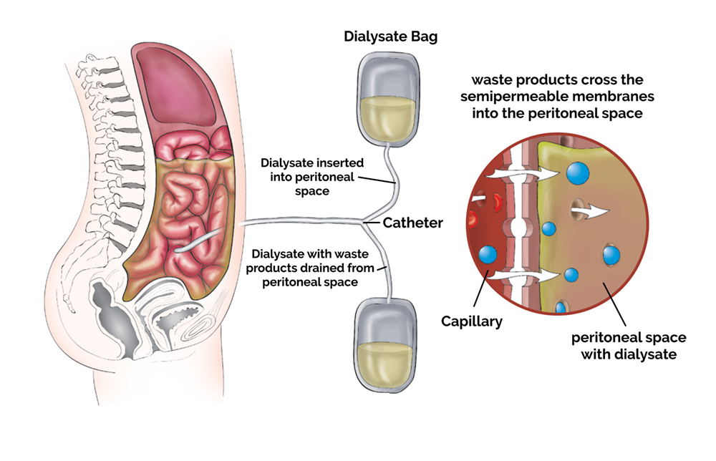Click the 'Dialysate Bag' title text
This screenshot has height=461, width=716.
pos(391,37)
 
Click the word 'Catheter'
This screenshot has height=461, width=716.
pos(412,223)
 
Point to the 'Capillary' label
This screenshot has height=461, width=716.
pos(471,321)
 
